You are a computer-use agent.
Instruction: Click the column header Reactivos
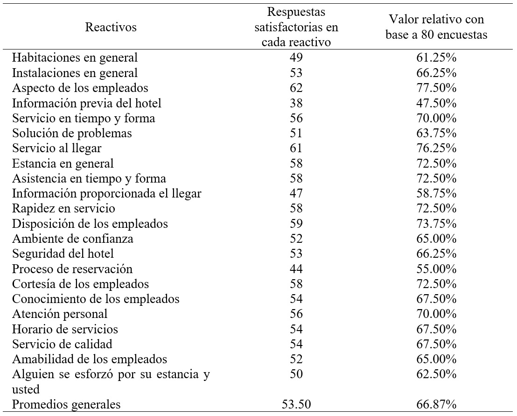coord(111,27)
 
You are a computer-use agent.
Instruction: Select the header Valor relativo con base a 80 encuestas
coord(436,27)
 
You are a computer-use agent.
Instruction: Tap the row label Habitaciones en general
coord(75,58)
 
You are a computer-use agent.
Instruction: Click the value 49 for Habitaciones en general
coord(296,58)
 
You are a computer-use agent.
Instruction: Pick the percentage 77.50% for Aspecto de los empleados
coord(436,88)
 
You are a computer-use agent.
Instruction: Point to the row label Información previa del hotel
coord(87,103)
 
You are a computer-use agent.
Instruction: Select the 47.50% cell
coord(436,103)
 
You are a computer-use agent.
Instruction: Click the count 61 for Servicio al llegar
coord(296,148)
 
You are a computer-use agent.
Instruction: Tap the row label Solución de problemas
coord(72,134)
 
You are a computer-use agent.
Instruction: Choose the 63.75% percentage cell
coord(436,134)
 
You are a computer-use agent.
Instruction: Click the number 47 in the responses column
coord(296,194)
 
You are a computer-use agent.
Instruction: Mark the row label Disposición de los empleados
coord(90,224)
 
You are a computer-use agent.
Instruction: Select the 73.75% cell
coord(436,224)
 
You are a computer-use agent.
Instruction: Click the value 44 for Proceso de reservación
coord(296,269)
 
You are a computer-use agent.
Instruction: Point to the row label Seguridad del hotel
coord(63,254)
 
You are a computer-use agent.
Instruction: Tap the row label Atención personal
coord(60,314)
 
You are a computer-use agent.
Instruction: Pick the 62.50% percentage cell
coord(436,375)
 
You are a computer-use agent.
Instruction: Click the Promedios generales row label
coord(66,404)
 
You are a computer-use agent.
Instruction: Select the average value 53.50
coord(296,404)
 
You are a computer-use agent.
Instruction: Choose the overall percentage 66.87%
coord(436,404)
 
